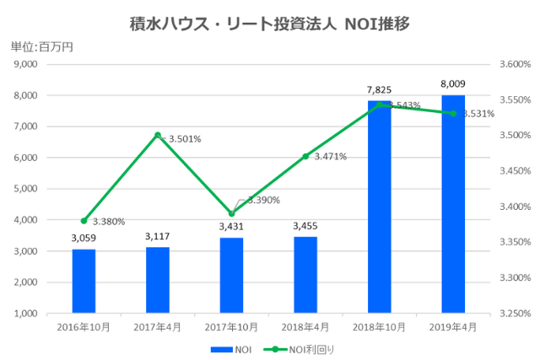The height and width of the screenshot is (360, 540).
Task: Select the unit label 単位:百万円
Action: tap(41, 47)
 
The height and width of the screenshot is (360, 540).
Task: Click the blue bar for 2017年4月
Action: tap(158, 280)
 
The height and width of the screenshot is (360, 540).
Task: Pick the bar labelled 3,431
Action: tap(231, 275)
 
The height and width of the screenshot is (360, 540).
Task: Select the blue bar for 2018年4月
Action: tap(305, 275)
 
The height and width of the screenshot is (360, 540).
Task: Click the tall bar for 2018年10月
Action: tap(379, 207)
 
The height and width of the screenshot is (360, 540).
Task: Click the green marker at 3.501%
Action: tap(158, 135)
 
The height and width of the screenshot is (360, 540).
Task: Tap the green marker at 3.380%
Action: tap(84, 221)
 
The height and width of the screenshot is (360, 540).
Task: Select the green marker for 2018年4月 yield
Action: tap(305, 156)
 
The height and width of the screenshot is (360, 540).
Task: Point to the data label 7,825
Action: tap(379, 89)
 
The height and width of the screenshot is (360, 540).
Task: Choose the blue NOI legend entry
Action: tap(232, 348)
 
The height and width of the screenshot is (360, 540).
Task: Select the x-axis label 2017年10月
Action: tap(231, 325)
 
